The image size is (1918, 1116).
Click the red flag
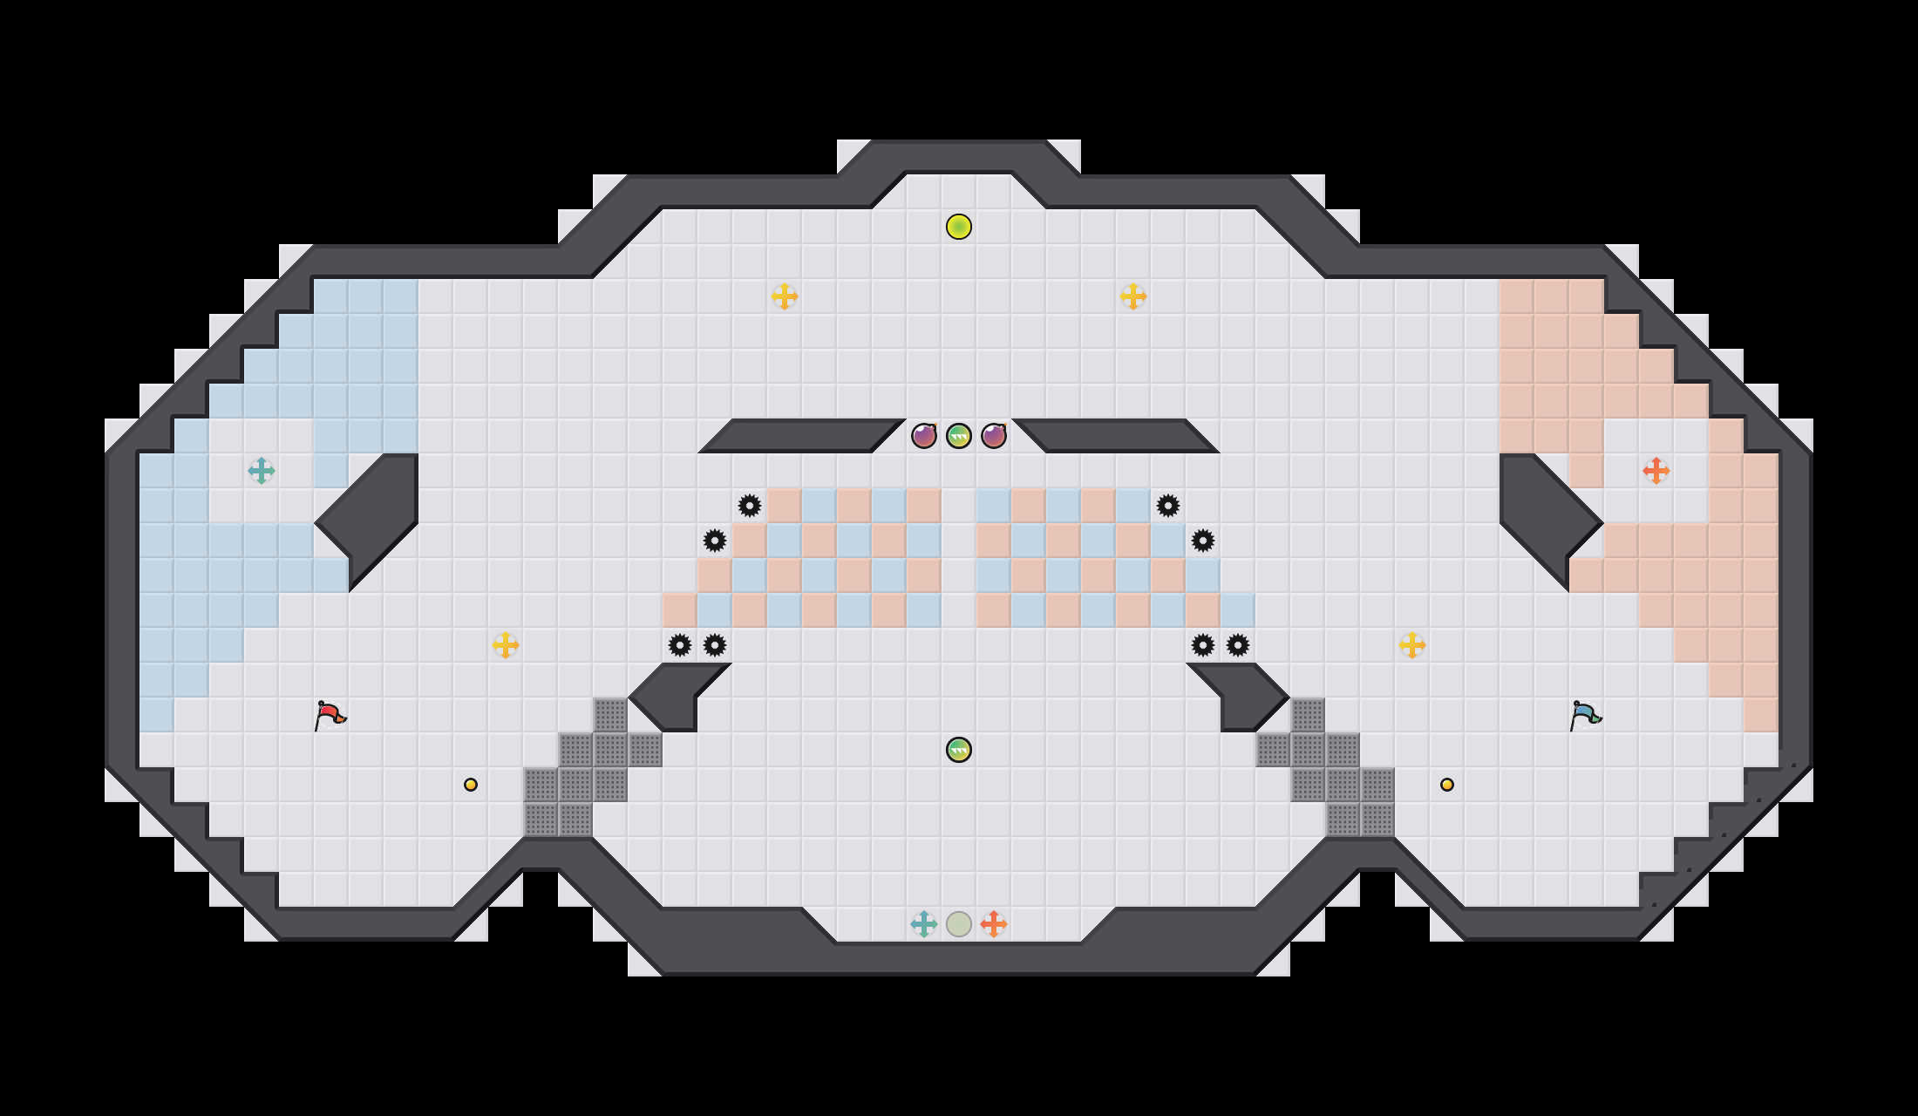tap(330, 715)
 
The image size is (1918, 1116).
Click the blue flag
tap(1585, 715)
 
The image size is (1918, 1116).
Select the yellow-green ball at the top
tap(959, 227)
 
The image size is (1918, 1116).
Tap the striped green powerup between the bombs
tap(959, 436)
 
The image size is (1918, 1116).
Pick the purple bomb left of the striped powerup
tap(924, 436)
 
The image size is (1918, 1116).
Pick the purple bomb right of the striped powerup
tap(994, 436)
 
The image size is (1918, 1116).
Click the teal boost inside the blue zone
tap(262, 471)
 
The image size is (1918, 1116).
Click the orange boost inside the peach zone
tap(1656, 471)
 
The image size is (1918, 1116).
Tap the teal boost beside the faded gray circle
tap(924, 924)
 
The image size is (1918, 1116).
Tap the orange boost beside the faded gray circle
tap(994, 924)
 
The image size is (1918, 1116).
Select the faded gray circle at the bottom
tap(959, 924)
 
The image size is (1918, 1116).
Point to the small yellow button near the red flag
tap(471, 785)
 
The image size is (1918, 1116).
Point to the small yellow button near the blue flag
tap(1447, 785)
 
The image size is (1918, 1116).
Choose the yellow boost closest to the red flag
tap(506, 645)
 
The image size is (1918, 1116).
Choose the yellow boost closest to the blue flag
tap(1412, 645)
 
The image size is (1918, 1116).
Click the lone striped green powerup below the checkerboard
tap(959, 750)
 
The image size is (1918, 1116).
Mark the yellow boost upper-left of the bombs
tap(785, 296)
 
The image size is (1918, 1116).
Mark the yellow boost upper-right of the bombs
tap(1133, 296)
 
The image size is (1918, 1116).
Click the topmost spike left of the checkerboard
tap(750, 506)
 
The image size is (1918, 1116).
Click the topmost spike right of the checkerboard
tap(1168, 506)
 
